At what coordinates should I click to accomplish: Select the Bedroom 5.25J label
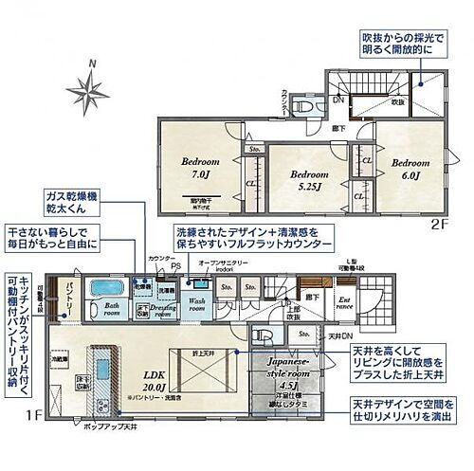tap(309, 180)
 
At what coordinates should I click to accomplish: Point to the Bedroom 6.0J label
tap(410, 168)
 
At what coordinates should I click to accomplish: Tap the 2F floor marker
tap(439, 225)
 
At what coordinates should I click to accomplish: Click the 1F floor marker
tap(31, 414)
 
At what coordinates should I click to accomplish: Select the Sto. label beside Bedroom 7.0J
tap(253, 151)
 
